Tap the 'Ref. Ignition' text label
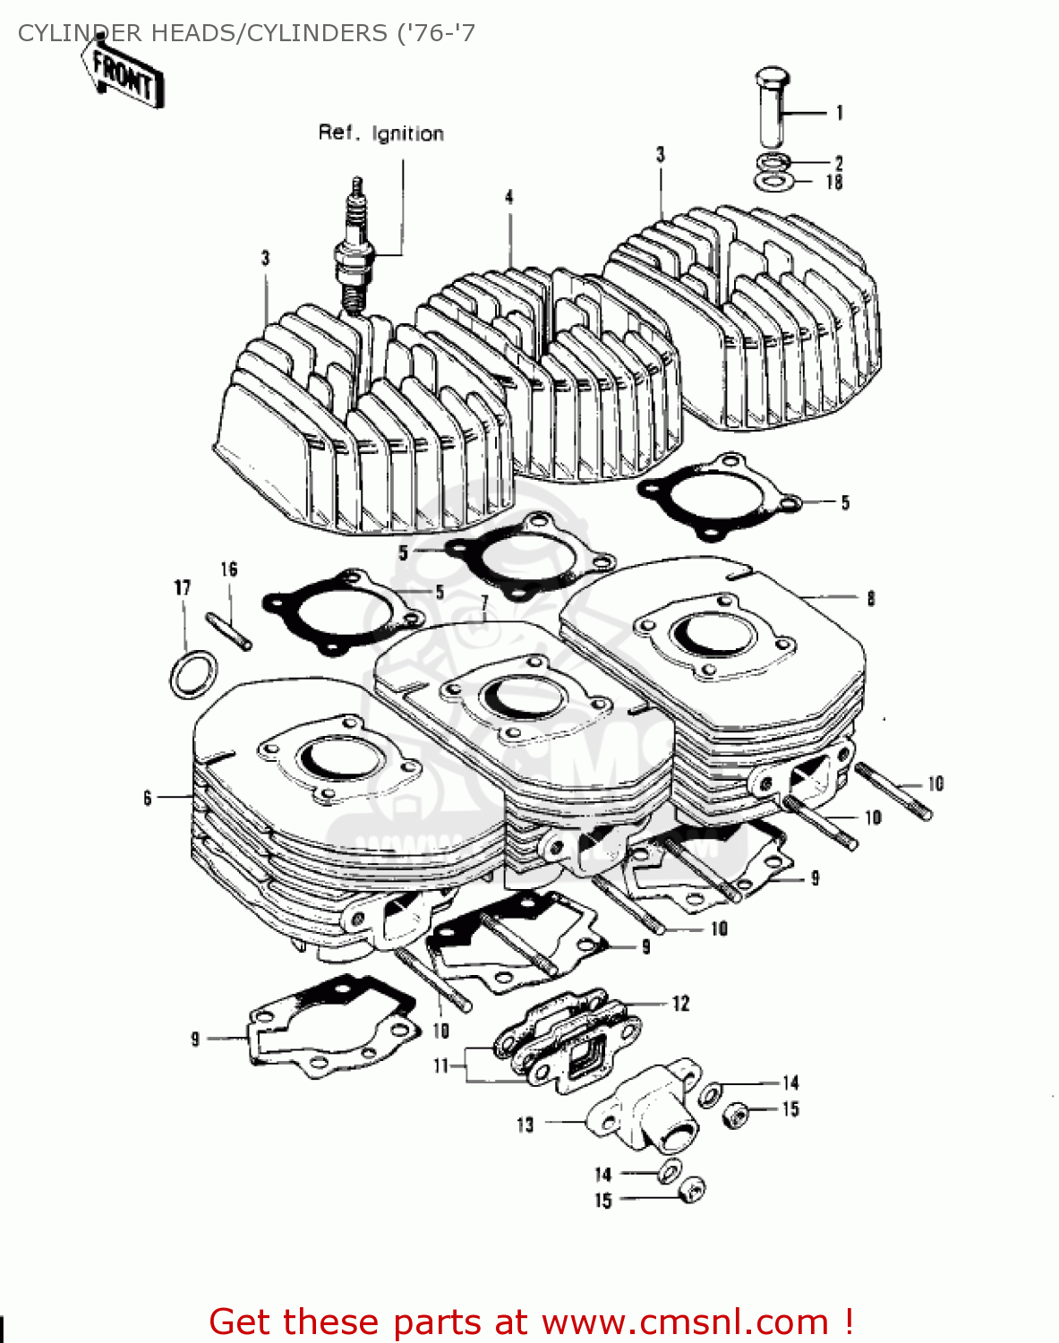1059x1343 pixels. [380, 133]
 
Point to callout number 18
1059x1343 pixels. [833, 183]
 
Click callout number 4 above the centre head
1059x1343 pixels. [508, 197]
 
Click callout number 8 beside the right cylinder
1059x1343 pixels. [870, 599]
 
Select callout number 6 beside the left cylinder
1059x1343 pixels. [148, 797]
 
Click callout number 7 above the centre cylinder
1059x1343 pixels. [483, 602]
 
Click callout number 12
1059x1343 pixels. [680, 1004]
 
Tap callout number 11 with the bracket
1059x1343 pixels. [440, 1066]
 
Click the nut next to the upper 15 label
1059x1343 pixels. [736, 1114]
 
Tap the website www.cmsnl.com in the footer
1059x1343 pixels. [685, 1322]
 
